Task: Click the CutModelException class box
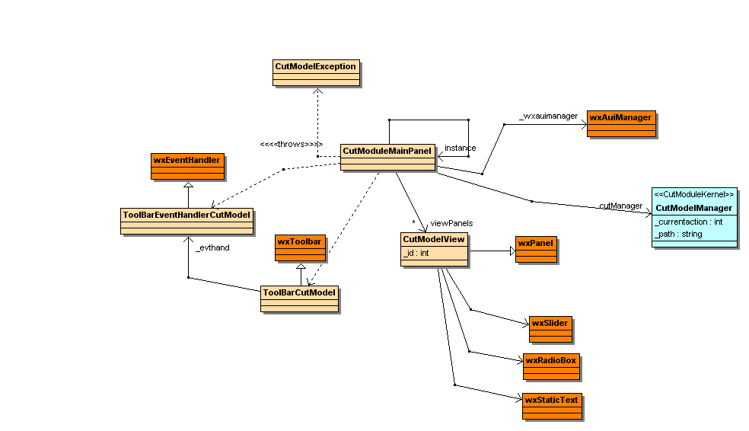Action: point(315,72)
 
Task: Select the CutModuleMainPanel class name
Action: point(387,151)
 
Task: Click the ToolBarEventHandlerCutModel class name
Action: point(186,215)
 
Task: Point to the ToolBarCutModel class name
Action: point(299,292)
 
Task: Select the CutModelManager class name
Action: point(693,208)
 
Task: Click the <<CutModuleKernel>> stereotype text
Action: point(693,195)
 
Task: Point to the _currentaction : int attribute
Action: point(688,222)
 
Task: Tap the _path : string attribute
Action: point(678,234)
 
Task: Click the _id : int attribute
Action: point(416,253)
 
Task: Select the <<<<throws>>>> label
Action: point(291,145)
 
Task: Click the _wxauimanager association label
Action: point(543,117)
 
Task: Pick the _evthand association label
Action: point(212,247)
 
